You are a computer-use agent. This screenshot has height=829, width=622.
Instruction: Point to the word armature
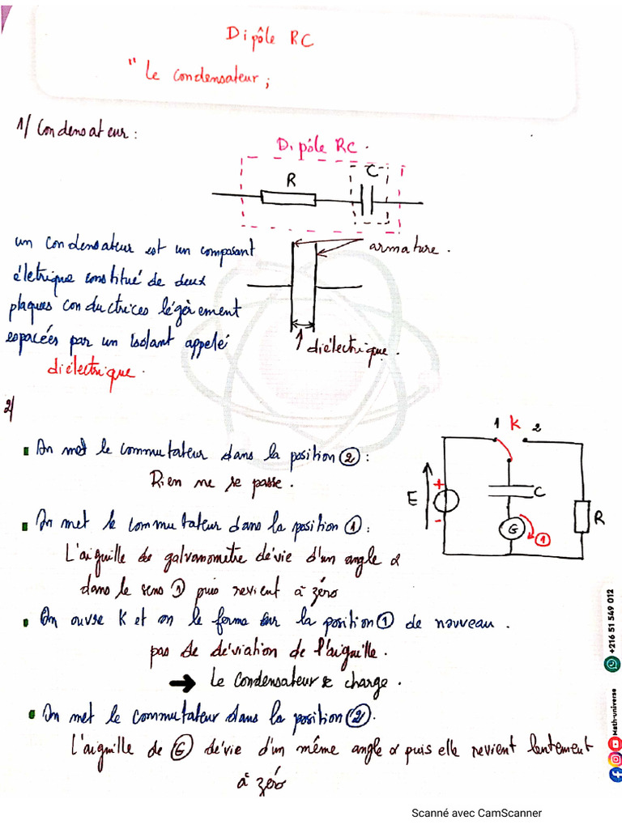[x=403, y=248]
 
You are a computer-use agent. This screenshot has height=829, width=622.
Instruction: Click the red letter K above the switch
[x=514, y=423]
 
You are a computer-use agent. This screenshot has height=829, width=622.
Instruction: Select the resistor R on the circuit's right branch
[x=582, y=517]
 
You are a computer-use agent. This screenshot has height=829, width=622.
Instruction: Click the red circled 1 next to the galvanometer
[x=542, y=538]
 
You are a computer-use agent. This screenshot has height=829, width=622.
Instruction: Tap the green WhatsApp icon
[x=612, y=664]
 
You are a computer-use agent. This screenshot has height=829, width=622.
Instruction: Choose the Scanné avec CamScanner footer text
[x=476, y=813]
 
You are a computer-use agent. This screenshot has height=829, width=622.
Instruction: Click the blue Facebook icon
[x=614, y=774]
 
